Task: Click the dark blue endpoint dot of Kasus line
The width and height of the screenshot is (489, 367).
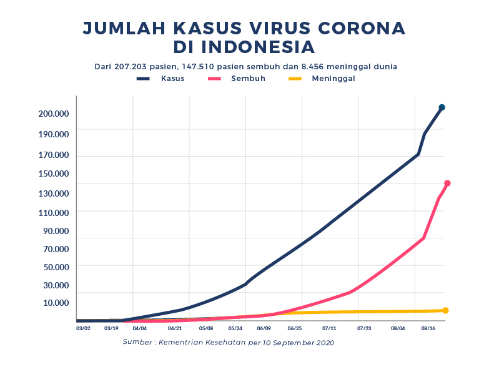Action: click(x=442, y=107)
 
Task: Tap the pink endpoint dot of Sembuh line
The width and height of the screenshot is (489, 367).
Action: click(x=447, y=183)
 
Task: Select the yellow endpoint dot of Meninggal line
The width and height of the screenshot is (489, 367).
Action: click(x=445, y=310)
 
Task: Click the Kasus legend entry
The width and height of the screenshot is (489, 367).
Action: click(x=161, y=79)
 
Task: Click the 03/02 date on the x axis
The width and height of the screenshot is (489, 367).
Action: click(x=83, y=328)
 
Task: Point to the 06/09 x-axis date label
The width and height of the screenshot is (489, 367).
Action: click(x=264, y=328)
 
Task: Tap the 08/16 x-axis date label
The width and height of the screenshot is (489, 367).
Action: click(x=428, y=328)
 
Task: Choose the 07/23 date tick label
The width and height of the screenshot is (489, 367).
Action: click(x=364, y=328)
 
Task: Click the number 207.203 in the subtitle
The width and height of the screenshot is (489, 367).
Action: click(x=132, y=66)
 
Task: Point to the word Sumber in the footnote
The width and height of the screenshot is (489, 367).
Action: click(x=137, y=342)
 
